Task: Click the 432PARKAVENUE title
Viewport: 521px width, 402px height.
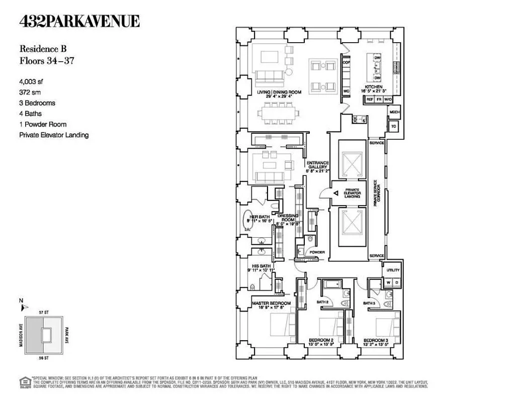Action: point(80,22)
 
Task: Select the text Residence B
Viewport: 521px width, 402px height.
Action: point(43,49)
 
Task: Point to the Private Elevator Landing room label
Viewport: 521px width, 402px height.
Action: point(352,193)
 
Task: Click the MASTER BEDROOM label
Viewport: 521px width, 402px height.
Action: point(272,304)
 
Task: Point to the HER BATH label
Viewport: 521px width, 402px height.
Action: point(258,217)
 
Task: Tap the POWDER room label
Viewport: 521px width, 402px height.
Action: point(317,252)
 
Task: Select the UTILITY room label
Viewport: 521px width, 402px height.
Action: point(393,270)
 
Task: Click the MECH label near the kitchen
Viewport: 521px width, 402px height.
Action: point(394,112)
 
